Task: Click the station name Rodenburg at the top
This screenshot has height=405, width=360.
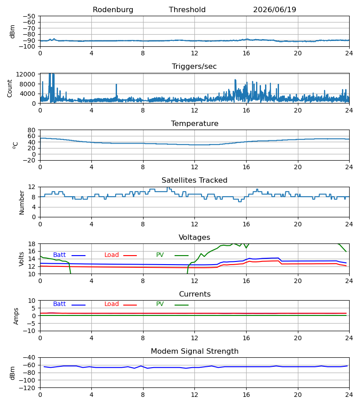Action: pos(113,10)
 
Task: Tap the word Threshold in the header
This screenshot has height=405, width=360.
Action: pos(187,10)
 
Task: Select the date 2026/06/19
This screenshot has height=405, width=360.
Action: pos(274,10)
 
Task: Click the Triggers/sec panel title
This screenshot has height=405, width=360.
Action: pos(194,67)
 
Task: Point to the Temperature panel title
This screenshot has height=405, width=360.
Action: pos(194,123)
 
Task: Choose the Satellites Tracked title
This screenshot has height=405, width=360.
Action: pos(194,180)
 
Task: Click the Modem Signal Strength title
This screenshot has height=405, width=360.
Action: pos(194,351)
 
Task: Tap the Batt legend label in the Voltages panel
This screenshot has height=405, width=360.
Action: pos(59,255)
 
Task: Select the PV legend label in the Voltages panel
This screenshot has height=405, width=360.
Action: pos(160,255)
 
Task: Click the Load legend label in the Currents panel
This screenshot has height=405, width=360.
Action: pos(112,304)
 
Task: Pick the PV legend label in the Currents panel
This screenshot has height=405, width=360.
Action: pos(160,304)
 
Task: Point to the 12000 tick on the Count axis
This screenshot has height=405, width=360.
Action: pos(26,74)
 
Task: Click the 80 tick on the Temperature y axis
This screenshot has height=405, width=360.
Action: pos(31,130)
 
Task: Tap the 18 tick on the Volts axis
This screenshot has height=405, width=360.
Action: pos(31,244)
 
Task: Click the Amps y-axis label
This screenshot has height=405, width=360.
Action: pos(16,316)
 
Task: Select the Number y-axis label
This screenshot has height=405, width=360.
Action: pos(22,202)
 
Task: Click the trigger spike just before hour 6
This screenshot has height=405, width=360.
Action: pos(116,90)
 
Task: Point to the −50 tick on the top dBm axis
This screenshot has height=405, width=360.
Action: pos(29,16)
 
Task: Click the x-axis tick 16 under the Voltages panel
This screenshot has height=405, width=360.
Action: pos(246,281)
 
